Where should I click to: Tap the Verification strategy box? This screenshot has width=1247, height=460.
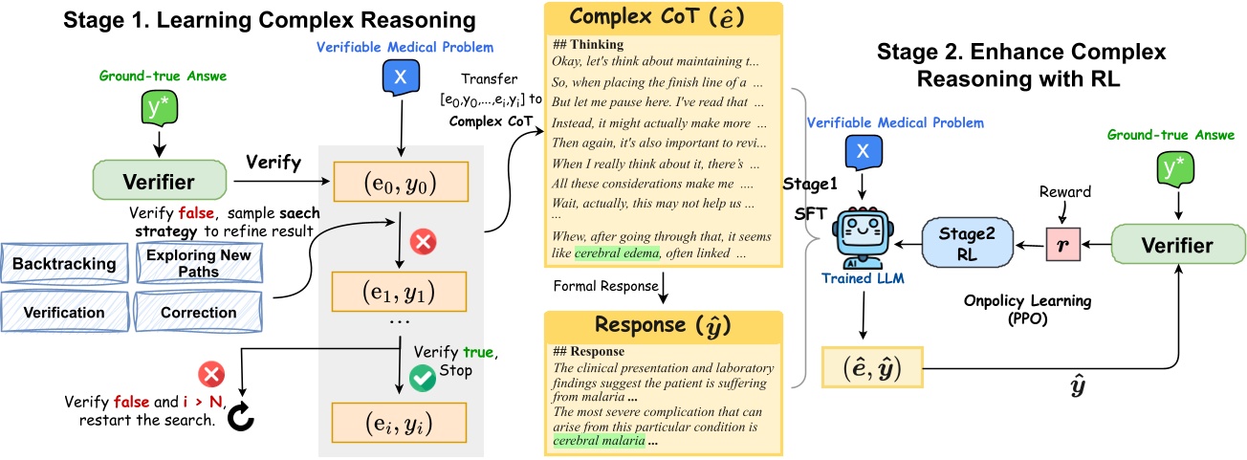click(x=64, y=312)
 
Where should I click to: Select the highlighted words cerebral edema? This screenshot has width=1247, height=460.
click(x=618, y=252)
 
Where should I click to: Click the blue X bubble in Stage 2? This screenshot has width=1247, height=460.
click(x=863, y=151)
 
